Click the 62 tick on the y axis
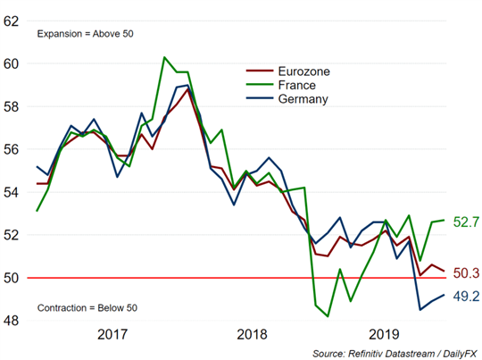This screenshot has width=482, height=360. coord(11,21)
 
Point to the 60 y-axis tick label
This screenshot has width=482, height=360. coord(11,63)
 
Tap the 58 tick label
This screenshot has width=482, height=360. coord(11,107)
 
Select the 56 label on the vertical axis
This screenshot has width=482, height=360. coord(11,149)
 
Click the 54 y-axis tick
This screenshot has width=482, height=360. coord(11,192)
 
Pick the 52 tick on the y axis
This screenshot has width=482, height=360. coord(11,235)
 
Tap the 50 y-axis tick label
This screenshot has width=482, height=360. coord(11,278)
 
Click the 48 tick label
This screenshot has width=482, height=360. coord(11,321)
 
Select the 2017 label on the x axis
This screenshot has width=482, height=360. coord(112,334)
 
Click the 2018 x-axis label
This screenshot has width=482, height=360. coord(252,334)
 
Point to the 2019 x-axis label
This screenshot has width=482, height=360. coord(384,334)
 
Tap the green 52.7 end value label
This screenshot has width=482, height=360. coord(466,222)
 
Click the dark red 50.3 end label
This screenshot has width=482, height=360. coord(466,273)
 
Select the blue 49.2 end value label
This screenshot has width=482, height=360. coord(466,296)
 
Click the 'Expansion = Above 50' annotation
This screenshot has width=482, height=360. coord(85,34)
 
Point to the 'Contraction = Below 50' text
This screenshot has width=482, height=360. coord(87,308)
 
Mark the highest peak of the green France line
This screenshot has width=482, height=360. coord(164,57)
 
